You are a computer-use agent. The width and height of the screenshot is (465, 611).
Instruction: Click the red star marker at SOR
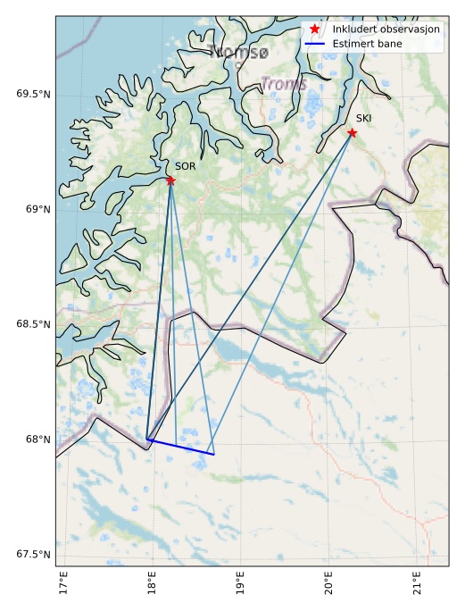coord(170,180)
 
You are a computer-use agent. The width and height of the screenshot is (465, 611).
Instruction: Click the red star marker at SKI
coord(352,133)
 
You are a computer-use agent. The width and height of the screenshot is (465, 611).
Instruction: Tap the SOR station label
coord(185,166)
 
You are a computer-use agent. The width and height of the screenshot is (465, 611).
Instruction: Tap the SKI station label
coord(363,118)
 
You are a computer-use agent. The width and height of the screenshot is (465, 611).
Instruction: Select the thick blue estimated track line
coord(181,448)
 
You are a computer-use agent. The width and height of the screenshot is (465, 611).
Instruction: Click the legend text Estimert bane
coord(367,43)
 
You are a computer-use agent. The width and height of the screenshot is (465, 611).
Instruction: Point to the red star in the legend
coord(314,29)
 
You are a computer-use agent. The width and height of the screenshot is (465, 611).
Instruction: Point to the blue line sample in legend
coord(314,43)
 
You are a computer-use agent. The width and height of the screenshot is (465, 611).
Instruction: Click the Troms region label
coord(283,85)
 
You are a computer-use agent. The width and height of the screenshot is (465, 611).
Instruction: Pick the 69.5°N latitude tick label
coord(34,94)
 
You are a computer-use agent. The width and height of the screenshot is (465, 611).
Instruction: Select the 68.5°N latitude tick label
coord(34,324)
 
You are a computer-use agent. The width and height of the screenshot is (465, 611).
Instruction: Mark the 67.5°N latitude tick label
coord(34,555)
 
